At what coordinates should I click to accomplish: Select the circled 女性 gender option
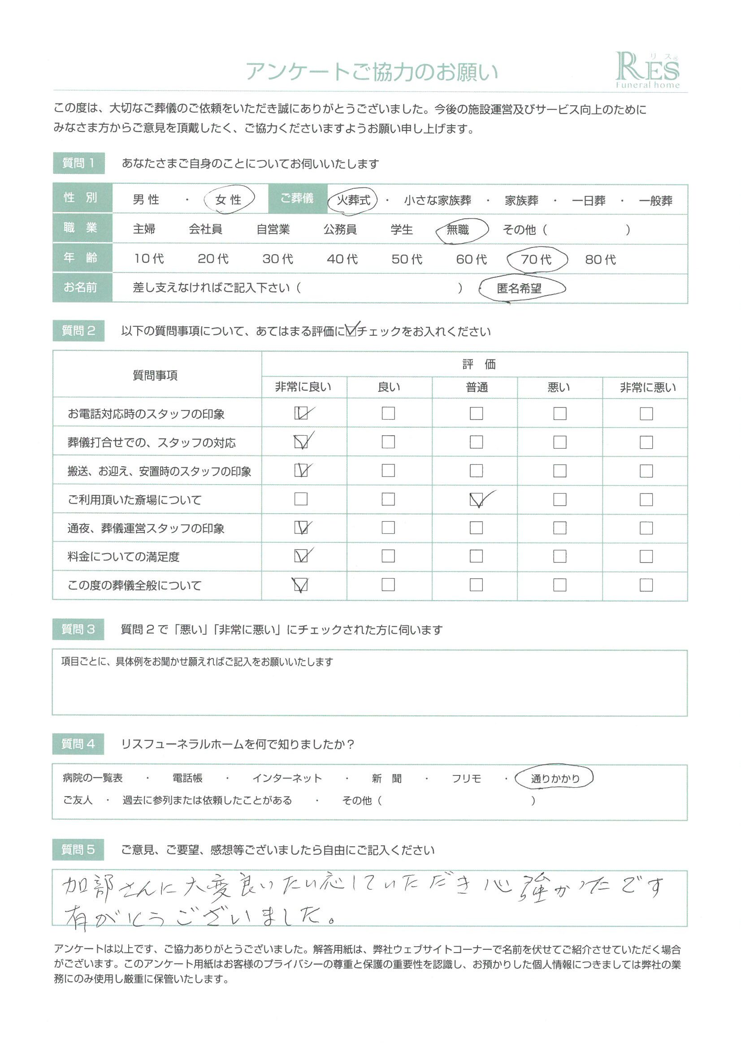228,199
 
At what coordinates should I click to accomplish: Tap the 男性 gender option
146,199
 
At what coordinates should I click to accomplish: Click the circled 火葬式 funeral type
353,200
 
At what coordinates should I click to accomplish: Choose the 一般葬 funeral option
655,201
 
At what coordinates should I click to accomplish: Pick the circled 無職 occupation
458,230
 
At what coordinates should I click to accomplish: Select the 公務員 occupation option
340,230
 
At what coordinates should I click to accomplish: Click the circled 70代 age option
536,259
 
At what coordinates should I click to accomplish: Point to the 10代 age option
149,259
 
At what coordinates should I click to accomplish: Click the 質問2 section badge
78,331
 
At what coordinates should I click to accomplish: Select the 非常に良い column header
303,387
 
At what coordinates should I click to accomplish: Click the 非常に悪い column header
647,388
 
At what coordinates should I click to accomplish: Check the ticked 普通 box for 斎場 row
476,500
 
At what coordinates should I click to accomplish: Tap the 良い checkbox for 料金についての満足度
388,556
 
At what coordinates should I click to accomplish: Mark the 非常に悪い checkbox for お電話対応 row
646,414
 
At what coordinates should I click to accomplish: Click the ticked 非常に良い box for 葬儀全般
301,585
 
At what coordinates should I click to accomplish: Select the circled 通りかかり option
555,779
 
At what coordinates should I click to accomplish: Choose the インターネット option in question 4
287,778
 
